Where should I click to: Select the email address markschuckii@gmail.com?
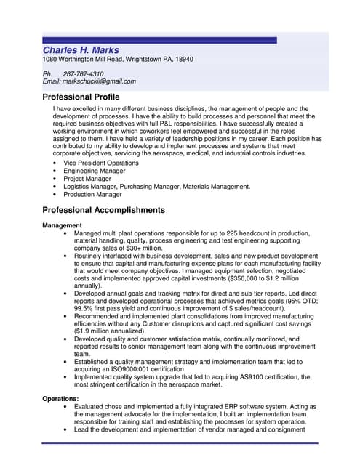click(x=101, y=81)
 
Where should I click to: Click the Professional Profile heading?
click(x=81, y=97)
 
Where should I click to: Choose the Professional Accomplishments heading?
click(x=104, y=210)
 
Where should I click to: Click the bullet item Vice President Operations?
click(x=101, y=163)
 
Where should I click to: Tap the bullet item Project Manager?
click(x=87, y=179)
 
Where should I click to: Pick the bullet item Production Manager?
click(x=92, y=195)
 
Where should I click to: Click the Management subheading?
click(x=62, y=225)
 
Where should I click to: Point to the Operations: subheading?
click(x=61, y=399)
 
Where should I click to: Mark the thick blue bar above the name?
click(x=159, y=40)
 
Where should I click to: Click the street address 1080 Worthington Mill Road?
click(x=85, y=59)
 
